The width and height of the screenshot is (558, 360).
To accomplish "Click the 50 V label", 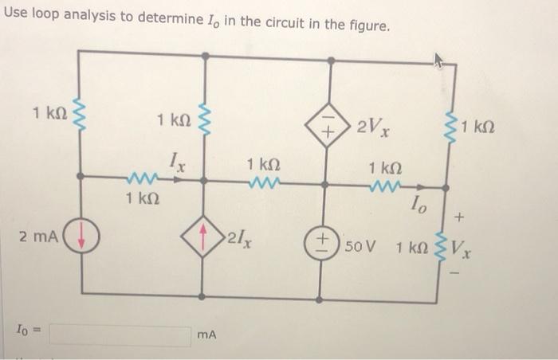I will (360, 242).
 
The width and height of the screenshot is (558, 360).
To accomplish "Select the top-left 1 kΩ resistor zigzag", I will (79, 115).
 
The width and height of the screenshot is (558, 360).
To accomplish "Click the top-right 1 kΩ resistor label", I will (478, 127).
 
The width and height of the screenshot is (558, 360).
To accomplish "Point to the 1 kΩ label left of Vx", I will (411, 246).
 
